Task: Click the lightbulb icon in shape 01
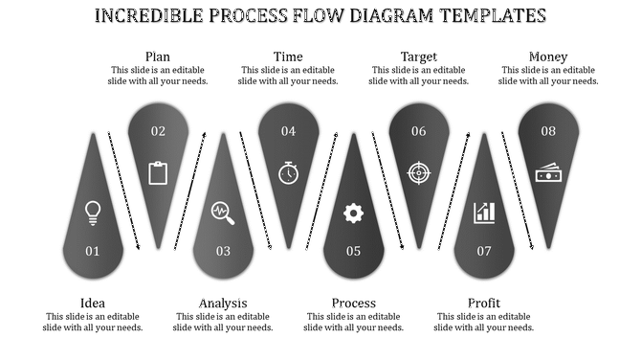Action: tap(93, 212)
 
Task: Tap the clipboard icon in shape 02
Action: tap(158, 172)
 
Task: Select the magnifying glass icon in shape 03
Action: tap(223, 212)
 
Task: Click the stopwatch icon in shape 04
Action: tap(288, 172)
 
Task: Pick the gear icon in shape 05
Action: tap(353, 213)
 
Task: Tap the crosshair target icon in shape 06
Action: tap(419, 172)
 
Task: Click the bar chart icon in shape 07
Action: tap(484, 212)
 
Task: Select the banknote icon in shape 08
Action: tap(548, 173)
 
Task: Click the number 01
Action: tap(93, 252)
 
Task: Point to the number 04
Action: tap(288, 131)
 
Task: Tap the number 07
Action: tap(484, 252)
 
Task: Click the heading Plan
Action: tap(158, 56)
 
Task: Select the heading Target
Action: tap(419, 56)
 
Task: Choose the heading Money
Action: tap(548, 56)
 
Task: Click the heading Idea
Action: tap(93, 304)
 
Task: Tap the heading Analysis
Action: tap(223, 304)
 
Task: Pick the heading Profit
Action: tap(484, 304)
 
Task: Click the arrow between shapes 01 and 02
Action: tap(124, 191)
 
